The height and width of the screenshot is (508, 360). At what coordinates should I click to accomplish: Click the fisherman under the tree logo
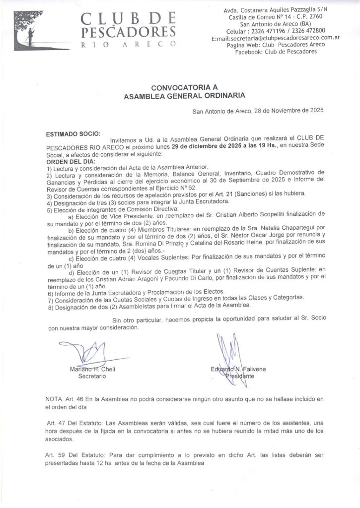click(30, 36)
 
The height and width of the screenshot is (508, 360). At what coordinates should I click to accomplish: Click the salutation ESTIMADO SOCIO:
click(73, 134)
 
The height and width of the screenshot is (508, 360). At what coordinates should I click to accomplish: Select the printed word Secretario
click(92, 376)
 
